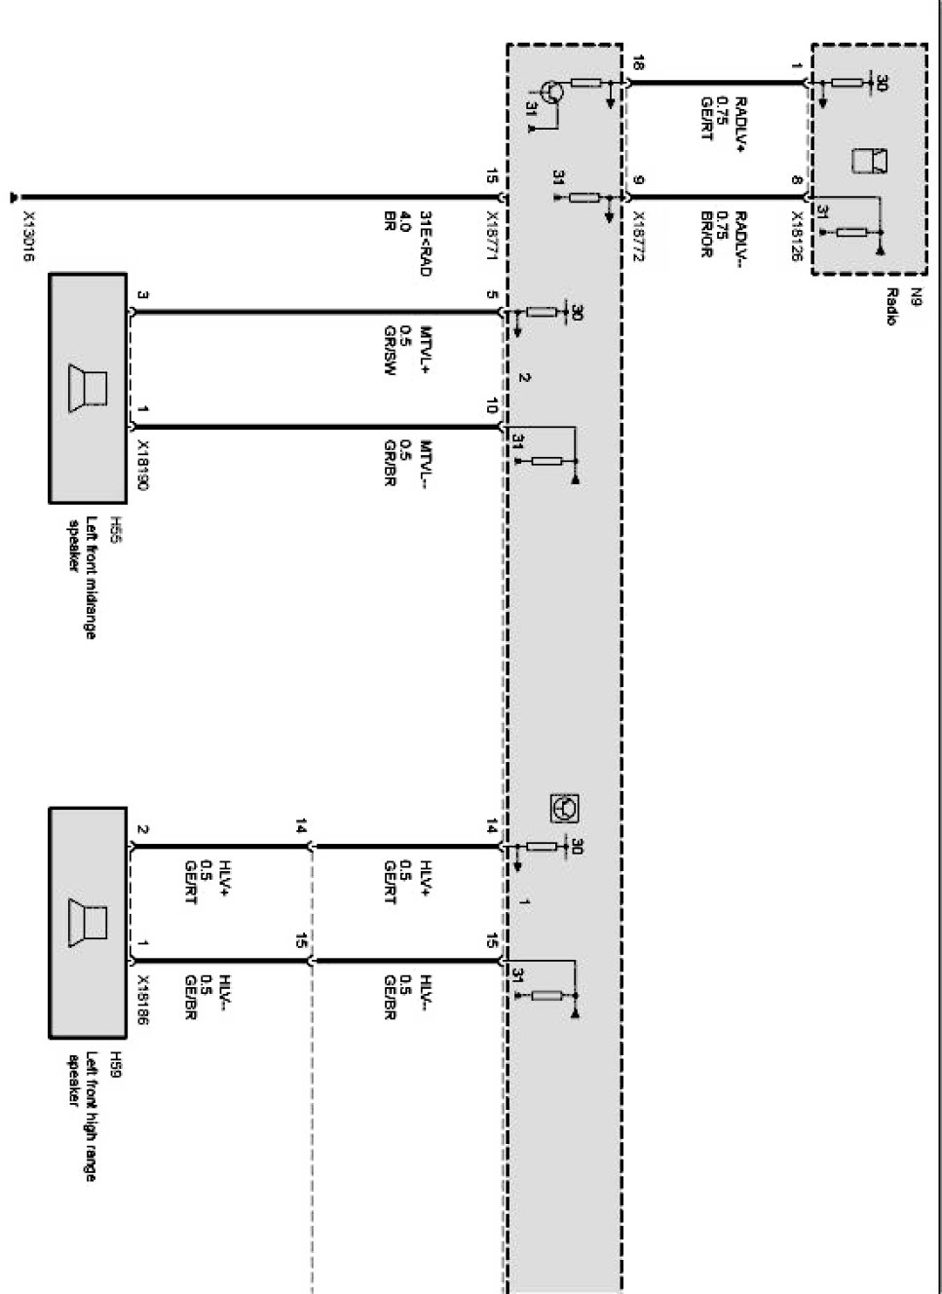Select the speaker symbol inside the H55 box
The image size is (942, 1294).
[89, 387]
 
